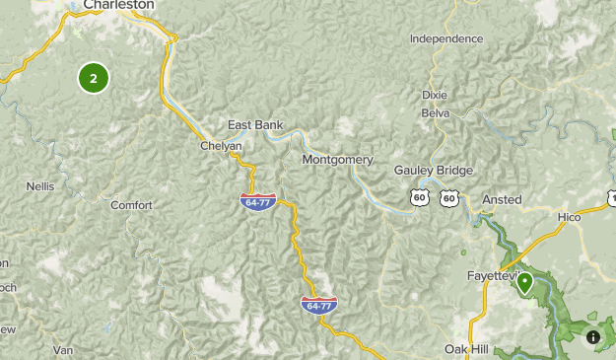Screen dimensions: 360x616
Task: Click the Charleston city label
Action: tap(118, 5)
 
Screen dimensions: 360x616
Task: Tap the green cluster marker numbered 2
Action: tap(94, 78)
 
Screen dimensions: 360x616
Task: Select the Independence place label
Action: tap(446, 39)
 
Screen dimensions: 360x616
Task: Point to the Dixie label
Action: tap(435, 95)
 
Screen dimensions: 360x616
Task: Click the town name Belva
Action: tap(435, 113)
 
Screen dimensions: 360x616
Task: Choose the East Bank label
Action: tap(255, 125)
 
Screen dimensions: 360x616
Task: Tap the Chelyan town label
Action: tap(221, 146)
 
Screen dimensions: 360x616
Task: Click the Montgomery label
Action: tap(338, 159)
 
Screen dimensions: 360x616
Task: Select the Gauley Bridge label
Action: tap(429, 170)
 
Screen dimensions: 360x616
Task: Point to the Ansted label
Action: tap(502, 199)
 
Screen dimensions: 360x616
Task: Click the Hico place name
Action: tap(569, 216)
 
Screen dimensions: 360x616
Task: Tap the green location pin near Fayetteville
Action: tap(525, 283)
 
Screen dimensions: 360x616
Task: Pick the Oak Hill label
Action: tap(467, 350)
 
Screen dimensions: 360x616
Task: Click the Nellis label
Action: tap(40, 185)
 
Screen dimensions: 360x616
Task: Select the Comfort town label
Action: tap(131, 205)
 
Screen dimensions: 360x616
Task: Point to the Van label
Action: tap(64, 350)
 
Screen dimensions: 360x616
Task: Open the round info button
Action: tap(593, 337)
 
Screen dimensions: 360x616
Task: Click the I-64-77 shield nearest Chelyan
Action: tap(257, 201)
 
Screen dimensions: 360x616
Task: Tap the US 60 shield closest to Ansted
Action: tap(449, 198)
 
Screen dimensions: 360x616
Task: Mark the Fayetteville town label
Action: tap(492, 276)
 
